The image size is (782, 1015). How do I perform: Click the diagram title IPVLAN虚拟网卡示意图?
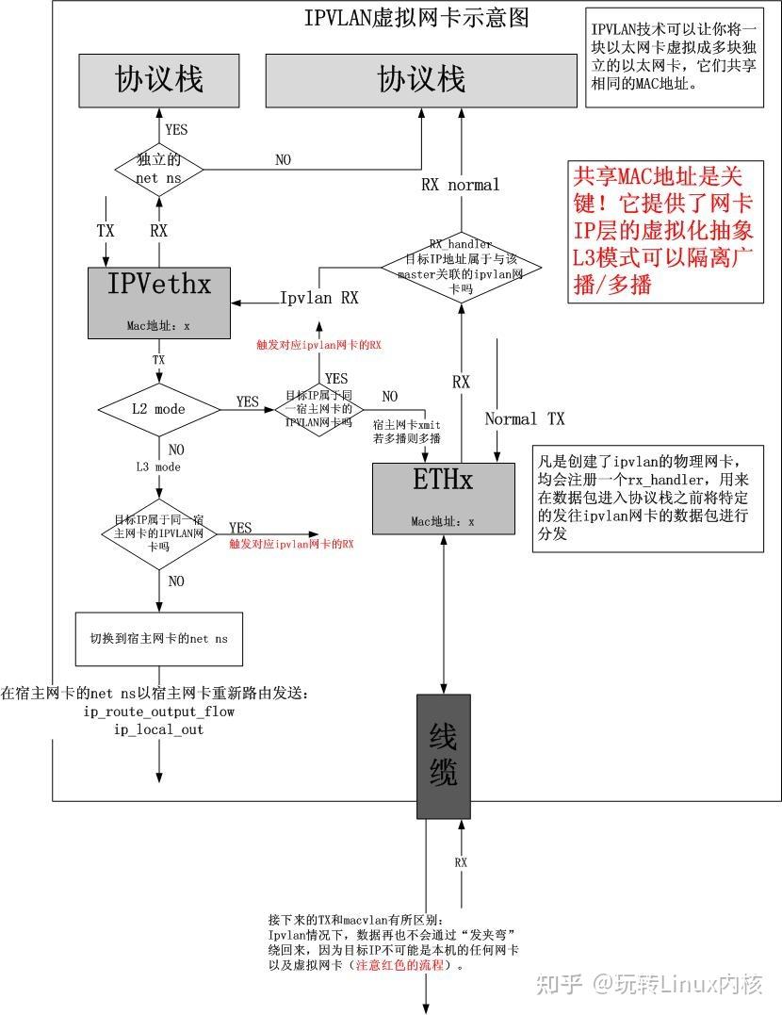tap(415, 18)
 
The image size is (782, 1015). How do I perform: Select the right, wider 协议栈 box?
tap(421, 79)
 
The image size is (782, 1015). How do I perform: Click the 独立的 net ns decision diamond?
tap(159, 169)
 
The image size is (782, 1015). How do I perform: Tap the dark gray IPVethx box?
tap(159, 302)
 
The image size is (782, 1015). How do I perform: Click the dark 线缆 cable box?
tap(443, 756)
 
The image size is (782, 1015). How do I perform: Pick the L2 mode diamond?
tap(158, 410)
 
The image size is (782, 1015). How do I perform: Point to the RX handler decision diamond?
tap(461, 266)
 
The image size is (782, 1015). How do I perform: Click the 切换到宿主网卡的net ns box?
tap(158, 638)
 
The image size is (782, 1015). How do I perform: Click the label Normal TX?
tap(525, 418)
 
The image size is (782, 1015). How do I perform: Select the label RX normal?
tap(460, 185)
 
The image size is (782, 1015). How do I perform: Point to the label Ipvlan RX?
tap(319, 299)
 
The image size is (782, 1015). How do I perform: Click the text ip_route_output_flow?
tap(159, 712)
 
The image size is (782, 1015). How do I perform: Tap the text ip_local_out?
tap(159, 729)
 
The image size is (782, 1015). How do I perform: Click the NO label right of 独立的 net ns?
tap(283, 160)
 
